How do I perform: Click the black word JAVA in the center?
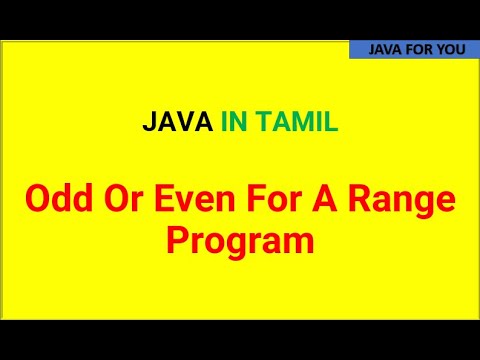[x=178, y=121]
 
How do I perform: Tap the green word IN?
[x=234, y=121]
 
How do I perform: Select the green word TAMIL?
[x=297, y=121]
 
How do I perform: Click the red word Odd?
[x=59, y=199]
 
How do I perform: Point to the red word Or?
[x=124, y=199]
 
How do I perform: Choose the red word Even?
[x=195, y=199]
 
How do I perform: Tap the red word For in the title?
[x=274, y=199]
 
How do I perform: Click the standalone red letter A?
[x=324, y=199]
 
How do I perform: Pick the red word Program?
[x=240, y=242]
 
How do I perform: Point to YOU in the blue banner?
[x=451, y=50]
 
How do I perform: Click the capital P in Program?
[x=177, y=239]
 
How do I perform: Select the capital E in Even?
[x=164, y=199]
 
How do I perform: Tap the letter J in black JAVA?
[x=149, y=121]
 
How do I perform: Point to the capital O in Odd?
[x=37, y=199]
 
